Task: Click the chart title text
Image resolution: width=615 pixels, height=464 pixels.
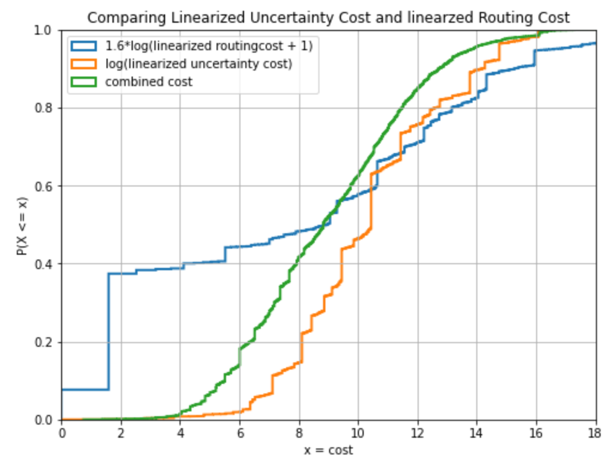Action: point(328,17)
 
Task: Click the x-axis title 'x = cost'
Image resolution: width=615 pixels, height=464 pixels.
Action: point(328,450)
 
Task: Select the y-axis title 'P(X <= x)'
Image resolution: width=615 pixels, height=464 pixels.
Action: point(22,225)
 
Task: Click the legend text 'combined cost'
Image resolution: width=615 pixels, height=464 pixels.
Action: point(149,82)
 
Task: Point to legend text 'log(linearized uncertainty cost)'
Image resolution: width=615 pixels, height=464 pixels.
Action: point(199,64)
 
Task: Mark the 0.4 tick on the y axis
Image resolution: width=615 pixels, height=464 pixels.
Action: point(47,264)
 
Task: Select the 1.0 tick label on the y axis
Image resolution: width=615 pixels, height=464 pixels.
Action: point(47,30)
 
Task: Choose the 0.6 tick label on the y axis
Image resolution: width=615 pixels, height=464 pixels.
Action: point(47,186)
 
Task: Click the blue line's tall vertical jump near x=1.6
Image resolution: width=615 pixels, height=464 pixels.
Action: point(109,332)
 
